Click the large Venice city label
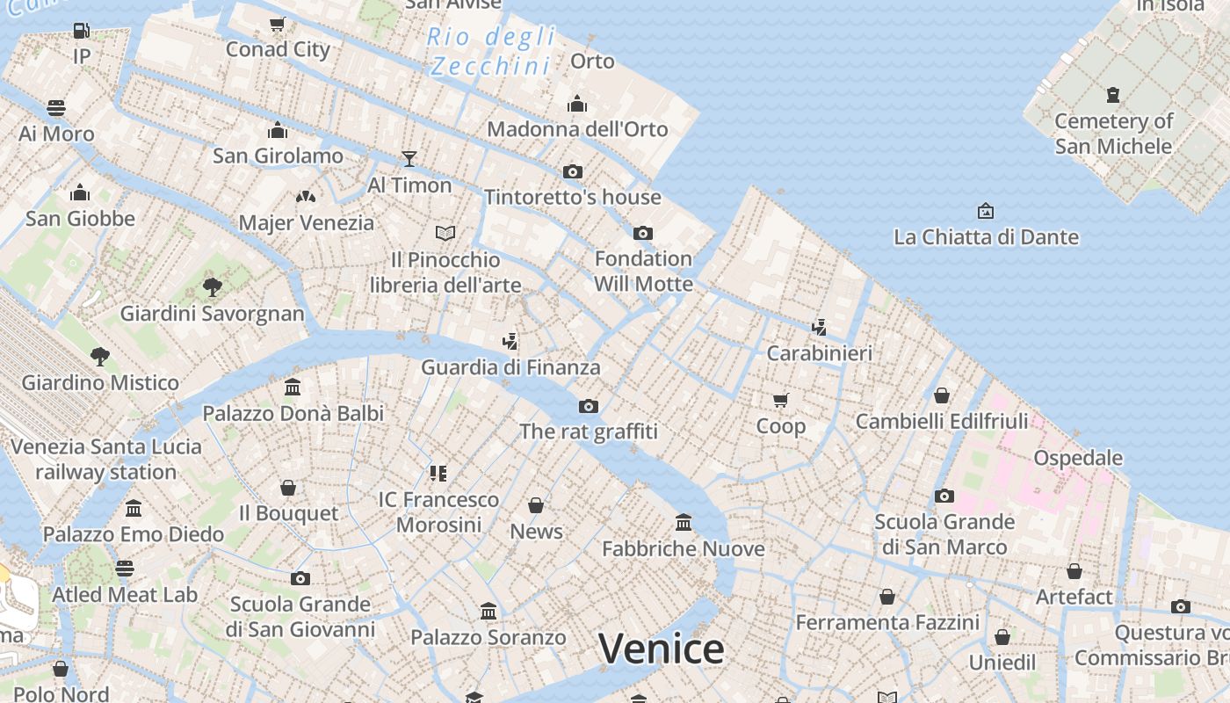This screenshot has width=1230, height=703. [x=661, y=649]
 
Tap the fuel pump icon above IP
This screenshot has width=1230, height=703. [x=81, y=31]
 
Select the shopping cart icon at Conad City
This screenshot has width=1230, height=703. [x=278, y=24]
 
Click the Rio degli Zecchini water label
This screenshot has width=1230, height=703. [x=492, y=51]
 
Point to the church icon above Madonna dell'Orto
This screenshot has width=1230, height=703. [x=577, y=104]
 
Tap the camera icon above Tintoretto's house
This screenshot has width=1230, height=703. [x=573, y=171]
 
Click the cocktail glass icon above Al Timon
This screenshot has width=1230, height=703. [x=409, y=159]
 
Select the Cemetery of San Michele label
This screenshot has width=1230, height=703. [x=1113, y=133]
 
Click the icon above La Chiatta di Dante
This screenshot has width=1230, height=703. [x=986, y=211]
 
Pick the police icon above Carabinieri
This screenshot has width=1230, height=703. [x=819, y=328]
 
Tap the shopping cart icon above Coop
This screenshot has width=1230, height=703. [x=780, y=401]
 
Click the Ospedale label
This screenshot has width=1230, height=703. [x=1077, y=458]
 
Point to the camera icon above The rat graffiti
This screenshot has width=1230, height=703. [x=589, y=406]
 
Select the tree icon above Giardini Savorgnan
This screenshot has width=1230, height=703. [x=212, y=286]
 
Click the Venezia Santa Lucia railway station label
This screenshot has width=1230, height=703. [x=105, y=459]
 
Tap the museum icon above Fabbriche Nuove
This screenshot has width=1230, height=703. [x=684, y=523]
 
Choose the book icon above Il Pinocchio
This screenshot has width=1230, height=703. [x=445, y=233]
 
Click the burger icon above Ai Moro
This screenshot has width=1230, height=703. [x=56, y=108]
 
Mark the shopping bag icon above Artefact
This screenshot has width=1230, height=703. [x=1074, y=571]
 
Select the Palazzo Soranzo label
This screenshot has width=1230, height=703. [x=488, y=637]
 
